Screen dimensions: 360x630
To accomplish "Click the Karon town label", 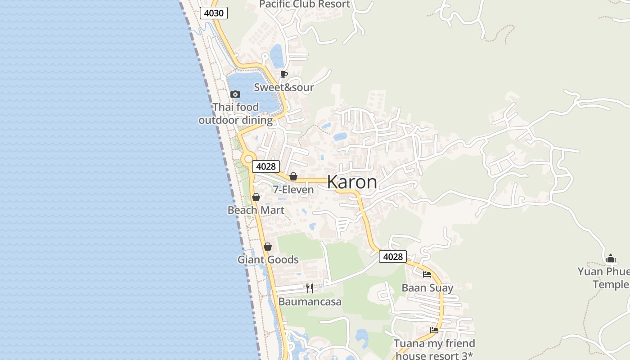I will click(352, 182).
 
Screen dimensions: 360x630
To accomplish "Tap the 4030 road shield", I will click(214, 13).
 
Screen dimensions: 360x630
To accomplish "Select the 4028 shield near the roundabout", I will click(265, 166).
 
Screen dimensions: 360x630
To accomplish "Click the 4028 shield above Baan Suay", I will click(392, 256).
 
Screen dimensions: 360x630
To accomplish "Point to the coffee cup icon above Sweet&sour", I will click(283, 74).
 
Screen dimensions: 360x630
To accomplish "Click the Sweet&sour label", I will click(283, 87).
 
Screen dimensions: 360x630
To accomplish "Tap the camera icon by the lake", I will click(235, 94).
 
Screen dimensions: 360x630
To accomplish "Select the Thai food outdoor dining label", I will click(235, 113).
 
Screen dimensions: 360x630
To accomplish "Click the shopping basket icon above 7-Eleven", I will click(293, 176).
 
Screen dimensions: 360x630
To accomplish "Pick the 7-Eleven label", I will click(293, 190).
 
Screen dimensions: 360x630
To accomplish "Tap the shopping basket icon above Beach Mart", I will click(256, 197).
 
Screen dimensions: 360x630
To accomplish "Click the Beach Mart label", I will click(256, 210).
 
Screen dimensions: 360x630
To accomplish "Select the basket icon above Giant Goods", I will click(268, 247).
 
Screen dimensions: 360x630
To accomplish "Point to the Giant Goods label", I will click(268, 260).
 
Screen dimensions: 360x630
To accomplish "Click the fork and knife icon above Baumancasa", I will click(310, 288).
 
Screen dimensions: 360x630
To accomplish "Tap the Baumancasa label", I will click(310, 301).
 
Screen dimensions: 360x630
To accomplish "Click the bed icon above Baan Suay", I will click(427, 274).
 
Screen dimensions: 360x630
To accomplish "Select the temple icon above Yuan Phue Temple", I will click(611, 258).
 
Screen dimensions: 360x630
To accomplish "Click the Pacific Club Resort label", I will click(304, 4).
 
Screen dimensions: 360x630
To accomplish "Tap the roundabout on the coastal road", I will click(248, 159).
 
